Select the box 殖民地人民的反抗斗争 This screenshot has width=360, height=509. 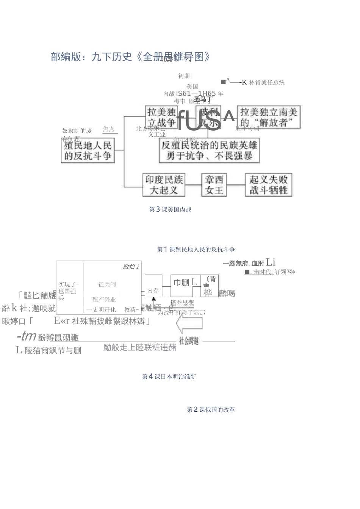[x=88, y=150]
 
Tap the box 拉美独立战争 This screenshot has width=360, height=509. [x=162, y=117]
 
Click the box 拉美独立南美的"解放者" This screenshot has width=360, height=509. [x=269, y=117]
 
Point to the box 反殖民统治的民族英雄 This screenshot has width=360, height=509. [x=209, y=150]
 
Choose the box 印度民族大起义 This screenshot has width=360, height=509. [x=164, y=184]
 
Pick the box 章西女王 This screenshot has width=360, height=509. [x=214, y=184]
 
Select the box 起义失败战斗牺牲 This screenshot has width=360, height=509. [x=268, y=184]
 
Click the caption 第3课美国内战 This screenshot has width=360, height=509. [x=170, y=209]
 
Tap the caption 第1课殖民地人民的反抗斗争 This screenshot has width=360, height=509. [x=196, y=250]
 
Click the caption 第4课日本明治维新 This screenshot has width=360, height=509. [x=169, y=376]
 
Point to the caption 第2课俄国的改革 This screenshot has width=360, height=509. [x=211, y=409]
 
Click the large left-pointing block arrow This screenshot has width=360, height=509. [x=189, y=325]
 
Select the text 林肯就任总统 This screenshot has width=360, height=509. [x=267, y=83]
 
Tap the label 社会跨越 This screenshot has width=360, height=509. [x=189, y=341]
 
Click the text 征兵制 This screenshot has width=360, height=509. [x=107, y=284]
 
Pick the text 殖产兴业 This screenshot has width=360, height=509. [x=104, y=300]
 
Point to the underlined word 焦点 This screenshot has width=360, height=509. [x=109, y=129]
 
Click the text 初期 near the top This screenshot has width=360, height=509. [x=184, y=76]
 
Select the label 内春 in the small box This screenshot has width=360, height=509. [x=153, y=290]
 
